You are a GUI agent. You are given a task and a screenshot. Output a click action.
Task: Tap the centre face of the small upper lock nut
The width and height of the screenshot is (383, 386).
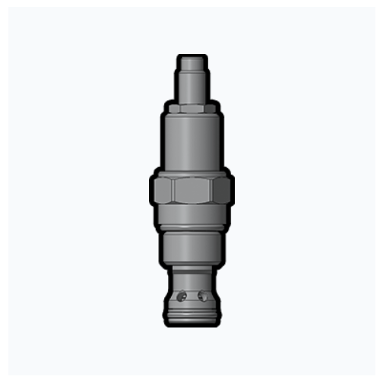coord(191,109)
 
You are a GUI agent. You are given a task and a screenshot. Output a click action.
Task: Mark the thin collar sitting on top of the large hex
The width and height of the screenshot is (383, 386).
coord(191,172)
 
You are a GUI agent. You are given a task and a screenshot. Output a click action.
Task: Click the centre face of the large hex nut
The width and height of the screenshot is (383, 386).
coord(191,190)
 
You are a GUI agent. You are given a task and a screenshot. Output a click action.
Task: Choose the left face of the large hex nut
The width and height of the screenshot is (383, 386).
coord(163,190)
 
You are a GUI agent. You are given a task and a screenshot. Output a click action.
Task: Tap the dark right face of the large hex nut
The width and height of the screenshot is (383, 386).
coord(222,190)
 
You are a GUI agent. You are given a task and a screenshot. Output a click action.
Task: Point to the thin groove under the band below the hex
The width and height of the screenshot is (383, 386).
coord(191,229)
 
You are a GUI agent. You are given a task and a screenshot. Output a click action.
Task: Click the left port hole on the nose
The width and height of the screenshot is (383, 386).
coord(181,296)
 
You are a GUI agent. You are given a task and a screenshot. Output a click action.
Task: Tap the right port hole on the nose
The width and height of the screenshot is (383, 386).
coord(201,296)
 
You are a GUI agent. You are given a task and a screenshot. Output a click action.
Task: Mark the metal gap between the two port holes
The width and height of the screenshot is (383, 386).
coord(191,296)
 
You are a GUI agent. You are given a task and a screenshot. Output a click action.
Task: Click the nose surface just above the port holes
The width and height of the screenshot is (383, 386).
coord(191,282)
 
